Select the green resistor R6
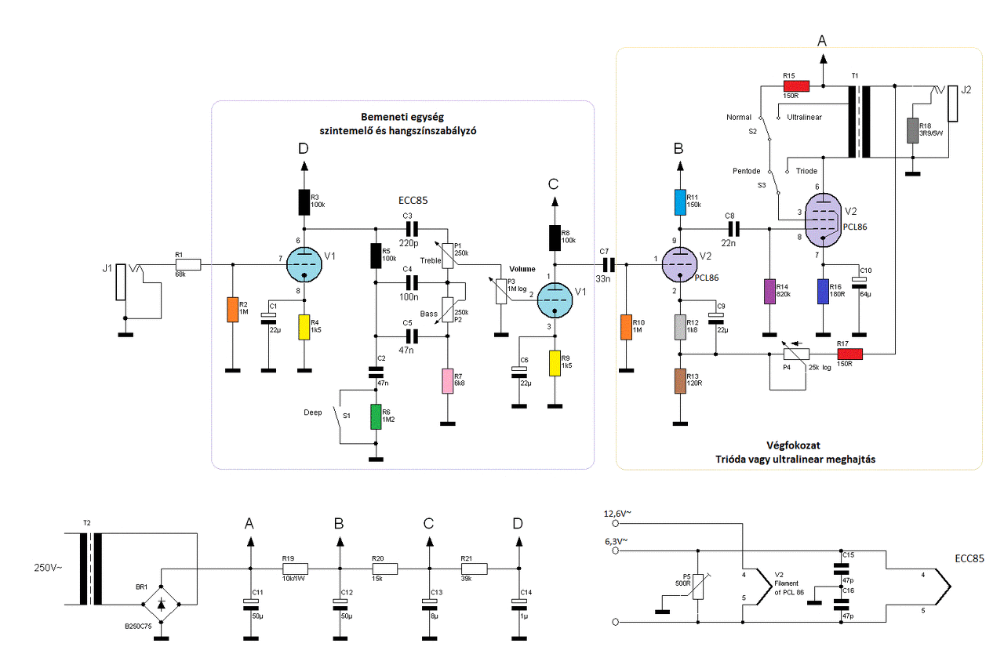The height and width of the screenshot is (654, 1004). point(375,416)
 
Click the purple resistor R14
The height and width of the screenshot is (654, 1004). point(769,291)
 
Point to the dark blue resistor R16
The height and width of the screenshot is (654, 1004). point(823,291)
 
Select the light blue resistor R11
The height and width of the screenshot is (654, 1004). point(680,202)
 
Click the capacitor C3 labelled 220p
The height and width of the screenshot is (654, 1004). point(411,228)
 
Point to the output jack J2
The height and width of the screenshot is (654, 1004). point(952,104)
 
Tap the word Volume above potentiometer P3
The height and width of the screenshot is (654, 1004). point(522,269)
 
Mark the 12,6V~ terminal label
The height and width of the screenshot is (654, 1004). point(617,514)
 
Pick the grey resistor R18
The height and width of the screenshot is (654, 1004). point(912,130)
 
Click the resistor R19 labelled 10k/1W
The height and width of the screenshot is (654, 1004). point(295,569)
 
